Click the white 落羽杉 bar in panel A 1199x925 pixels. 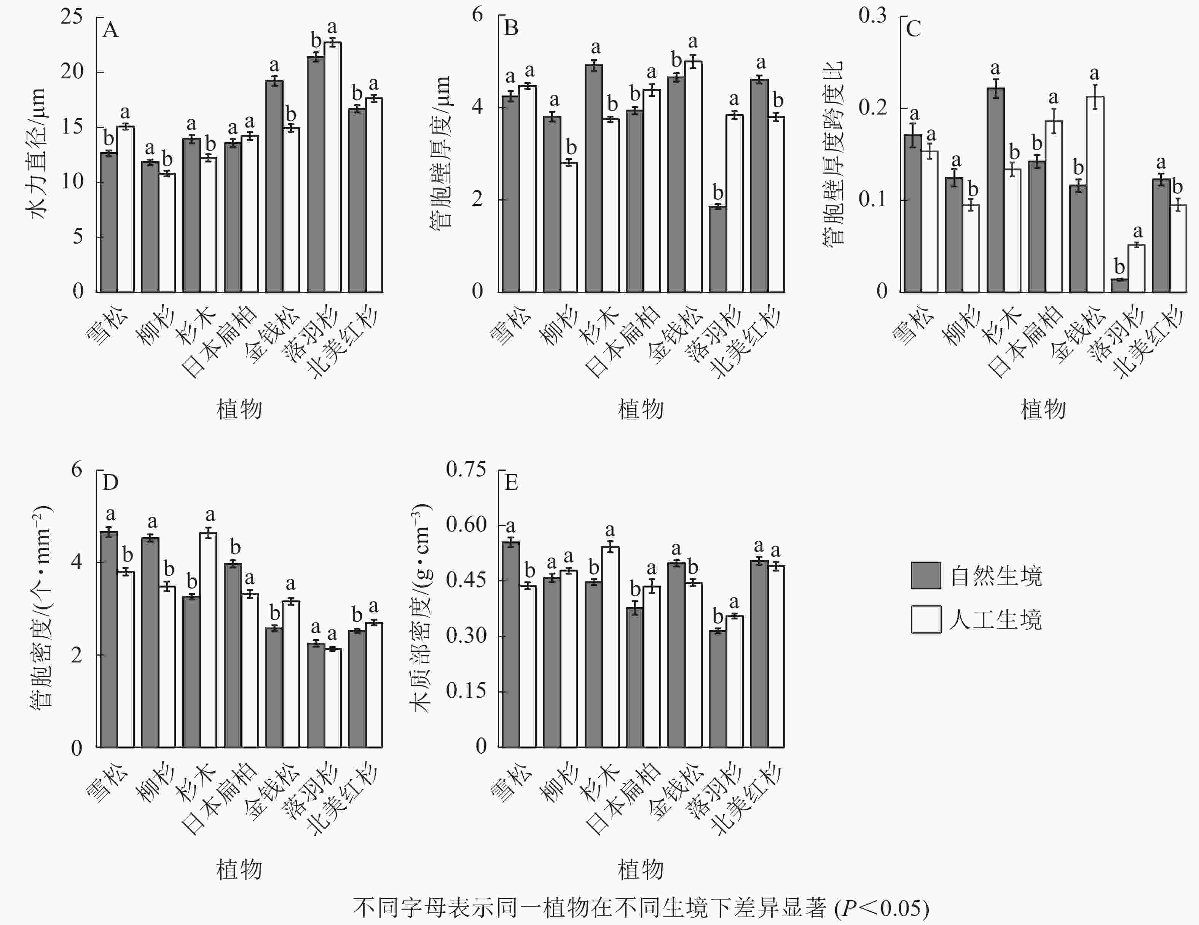[332, 167]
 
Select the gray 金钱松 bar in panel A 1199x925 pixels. [274, 187]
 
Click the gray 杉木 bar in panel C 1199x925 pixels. [995, 190]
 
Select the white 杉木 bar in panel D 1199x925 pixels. [208, 640]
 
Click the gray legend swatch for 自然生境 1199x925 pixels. [926, 575]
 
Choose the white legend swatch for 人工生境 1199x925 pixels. [926, 619]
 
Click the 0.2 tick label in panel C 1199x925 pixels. [873, 107]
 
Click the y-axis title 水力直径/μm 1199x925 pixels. [37, 154]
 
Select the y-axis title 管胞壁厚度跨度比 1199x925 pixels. [833, 154]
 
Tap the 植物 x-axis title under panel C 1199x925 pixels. [1043, 409]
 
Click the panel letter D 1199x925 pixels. [110, 482]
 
